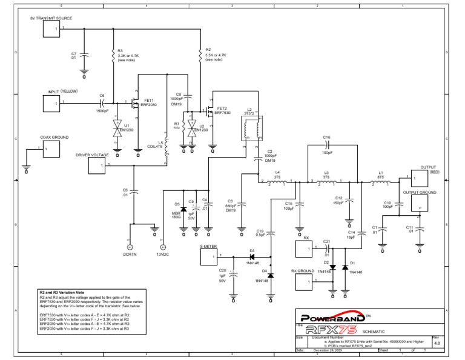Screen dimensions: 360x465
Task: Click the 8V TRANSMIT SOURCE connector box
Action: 52,30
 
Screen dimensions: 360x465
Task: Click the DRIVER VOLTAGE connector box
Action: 97,165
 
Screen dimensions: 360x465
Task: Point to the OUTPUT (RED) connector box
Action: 420,178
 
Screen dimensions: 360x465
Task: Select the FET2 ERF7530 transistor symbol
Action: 209,111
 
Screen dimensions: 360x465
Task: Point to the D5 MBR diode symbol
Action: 183,209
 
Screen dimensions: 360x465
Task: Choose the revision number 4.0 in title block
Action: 437,343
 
